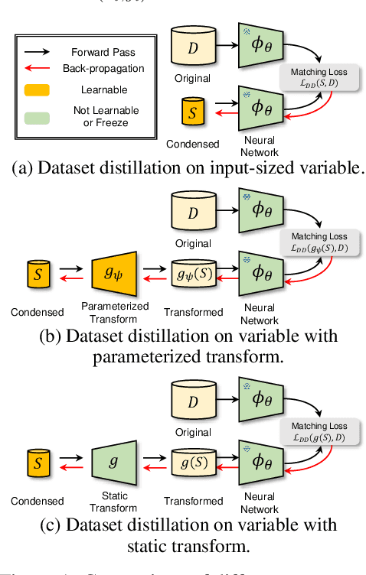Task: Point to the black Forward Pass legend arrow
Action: [x=37, y=53]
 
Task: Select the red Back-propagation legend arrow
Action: [x=37, y=68]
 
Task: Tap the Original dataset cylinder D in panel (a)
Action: [x=193, y=47]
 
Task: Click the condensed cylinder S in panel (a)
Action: [x=193, y=112]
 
